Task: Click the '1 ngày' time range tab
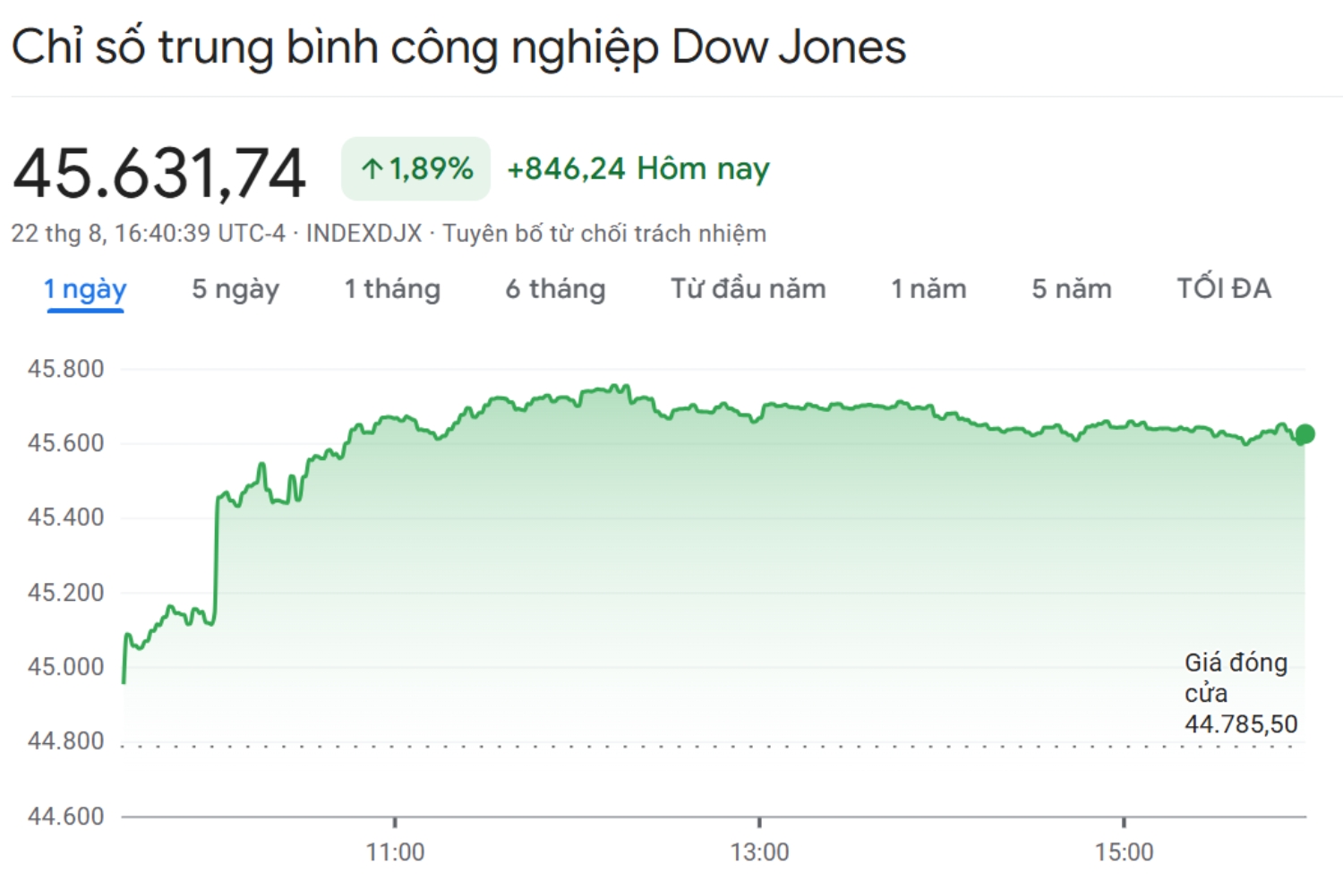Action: [85, 289]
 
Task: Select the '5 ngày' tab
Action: [235, 289]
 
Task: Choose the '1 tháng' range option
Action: [392, 289]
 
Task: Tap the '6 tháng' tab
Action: [555, 289]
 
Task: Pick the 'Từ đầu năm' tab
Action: [748, 289]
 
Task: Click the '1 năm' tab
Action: [928, 289]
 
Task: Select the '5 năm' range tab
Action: [1071, 289]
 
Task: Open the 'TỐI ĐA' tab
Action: [1223, 289]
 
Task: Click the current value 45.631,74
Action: [159, 173]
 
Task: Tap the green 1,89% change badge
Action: [416, 168]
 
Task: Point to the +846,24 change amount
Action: [566, 168]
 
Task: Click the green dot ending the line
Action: [1305, 434]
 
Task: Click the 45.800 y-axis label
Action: [65, 369]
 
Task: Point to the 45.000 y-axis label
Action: [65, 667]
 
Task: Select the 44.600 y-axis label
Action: [65, 816]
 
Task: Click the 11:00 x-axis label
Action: [395, 852]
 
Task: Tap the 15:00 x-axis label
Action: [1124, 852]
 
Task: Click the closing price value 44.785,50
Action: [1240, 723]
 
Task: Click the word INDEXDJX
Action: [364, 234]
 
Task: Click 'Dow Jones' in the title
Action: [788, 47]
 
